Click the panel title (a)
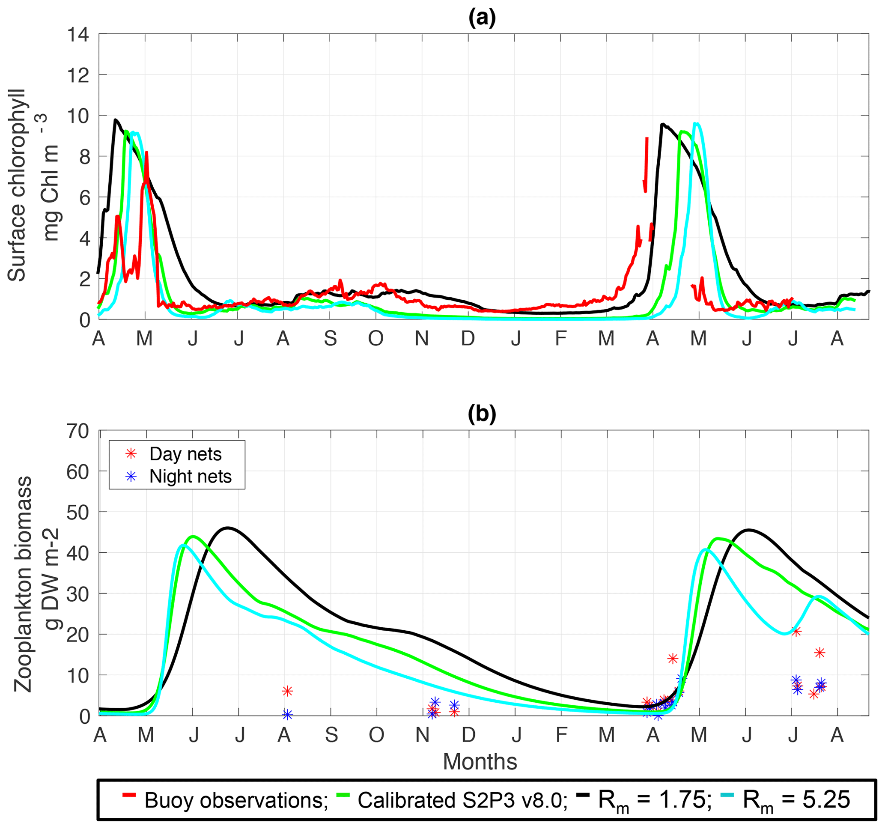(482, 18)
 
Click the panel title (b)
(482, 414)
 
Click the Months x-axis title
(480, 761)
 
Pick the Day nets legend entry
(185, 454)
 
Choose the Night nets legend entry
(190, 477)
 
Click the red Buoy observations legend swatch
(129, 794)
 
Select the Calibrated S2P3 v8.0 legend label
(462, 800)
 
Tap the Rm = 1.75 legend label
(652, 800)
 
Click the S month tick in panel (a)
(330, 339)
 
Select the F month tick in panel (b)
(561, 735)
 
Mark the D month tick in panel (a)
(468, 339)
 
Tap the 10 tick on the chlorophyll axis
(77, 116)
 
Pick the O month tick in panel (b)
(376, 735)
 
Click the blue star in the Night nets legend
(131, 477)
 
